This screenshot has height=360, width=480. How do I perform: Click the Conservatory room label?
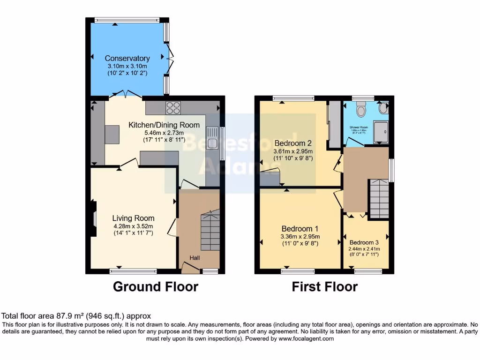127,59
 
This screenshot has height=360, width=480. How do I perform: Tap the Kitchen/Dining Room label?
164,125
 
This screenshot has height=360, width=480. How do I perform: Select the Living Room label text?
133,218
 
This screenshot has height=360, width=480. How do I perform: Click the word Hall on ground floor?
195,258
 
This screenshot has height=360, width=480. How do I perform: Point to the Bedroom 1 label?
300,229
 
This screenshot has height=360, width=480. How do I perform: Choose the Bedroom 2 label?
293,143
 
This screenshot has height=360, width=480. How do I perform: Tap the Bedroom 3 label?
364,242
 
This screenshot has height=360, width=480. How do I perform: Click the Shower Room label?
358,127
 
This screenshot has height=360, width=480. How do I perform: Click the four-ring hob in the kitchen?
173,108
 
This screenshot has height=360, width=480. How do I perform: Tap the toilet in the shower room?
361,110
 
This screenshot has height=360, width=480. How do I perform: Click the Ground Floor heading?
156,286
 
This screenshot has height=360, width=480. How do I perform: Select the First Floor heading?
324,286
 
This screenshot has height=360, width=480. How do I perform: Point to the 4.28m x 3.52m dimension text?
133,226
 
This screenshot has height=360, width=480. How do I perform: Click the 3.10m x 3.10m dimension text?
127,67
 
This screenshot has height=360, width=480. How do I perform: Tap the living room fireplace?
94,218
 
